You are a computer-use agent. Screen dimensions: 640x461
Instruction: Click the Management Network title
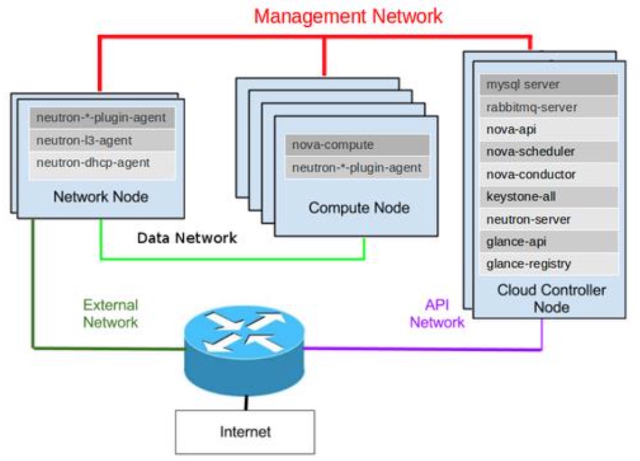[x=348, y=16]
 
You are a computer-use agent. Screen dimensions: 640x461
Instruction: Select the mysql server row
[x=548, y=85]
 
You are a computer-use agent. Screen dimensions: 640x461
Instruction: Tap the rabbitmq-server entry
[x=548, y=107]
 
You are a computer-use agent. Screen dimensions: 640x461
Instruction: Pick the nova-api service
[x=548, y=130]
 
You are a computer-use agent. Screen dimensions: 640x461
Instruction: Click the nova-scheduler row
[x=548, y=152]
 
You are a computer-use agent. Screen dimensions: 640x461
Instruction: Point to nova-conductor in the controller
[x=548, y=175]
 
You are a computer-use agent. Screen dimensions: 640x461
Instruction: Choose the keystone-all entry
[x=548, y=197]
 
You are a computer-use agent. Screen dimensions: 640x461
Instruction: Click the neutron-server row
[x=548, y=219]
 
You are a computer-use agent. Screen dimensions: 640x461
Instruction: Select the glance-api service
[x=548, y=242]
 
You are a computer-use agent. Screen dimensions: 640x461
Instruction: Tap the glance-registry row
[x=548, y=264]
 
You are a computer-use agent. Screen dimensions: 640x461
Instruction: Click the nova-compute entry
[x=357, y=145]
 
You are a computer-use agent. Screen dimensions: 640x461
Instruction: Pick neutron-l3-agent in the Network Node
[x=102, y=141]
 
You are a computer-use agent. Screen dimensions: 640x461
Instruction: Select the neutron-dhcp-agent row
[x=102, y=163]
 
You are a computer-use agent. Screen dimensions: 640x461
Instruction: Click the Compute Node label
[x=359, y=208]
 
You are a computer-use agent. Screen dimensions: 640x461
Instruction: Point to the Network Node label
[x=101, y=197]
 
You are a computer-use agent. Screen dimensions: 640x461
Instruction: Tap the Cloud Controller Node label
[x=551, y=298]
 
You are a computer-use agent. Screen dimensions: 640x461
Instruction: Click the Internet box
[x=245, y=432]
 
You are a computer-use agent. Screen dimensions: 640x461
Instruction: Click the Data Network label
[x=187, y=238]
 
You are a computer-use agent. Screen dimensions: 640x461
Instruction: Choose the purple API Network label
[x=437, y=313]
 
